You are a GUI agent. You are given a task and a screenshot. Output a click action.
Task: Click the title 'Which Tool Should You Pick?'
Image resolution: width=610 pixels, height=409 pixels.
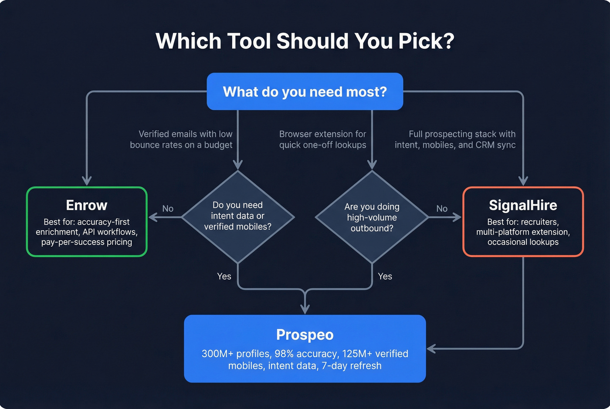click(x=305, y=41)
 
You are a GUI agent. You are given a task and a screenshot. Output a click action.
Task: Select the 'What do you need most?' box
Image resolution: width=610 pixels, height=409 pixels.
click(x=305, y=91)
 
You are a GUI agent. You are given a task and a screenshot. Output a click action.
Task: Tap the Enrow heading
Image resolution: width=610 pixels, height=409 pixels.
click(x=87, y=205)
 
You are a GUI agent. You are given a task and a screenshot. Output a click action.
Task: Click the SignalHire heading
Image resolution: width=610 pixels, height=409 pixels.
click(x=523, y=205)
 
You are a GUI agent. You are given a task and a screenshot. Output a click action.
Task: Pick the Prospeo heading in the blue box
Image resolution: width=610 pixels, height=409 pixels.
click(x=305, y=335)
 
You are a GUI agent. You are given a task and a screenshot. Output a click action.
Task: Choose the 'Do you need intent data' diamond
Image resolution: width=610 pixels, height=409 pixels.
click(x=238, y=216)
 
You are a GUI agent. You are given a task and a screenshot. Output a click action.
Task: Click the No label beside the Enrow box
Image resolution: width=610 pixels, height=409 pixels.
click(x=168, y=209)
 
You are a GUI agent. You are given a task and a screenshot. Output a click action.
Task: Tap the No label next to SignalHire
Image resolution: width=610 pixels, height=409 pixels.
click(x=442, y=209)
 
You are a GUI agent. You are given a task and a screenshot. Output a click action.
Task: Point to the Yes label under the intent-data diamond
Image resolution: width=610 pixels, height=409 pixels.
click(x=224, y=276)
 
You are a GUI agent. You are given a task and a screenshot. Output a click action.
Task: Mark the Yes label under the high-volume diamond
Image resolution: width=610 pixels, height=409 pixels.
click(x=385, y=276)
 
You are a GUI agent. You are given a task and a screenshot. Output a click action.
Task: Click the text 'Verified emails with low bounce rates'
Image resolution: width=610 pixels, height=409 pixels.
click(x=181, y=139)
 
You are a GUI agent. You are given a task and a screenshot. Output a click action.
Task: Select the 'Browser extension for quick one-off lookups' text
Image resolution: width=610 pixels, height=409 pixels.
click(x=322, y=139)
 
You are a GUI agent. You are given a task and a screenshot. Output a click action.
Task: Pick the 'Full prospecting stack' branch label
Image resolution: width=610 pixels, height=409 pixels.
click(x=455, y=139)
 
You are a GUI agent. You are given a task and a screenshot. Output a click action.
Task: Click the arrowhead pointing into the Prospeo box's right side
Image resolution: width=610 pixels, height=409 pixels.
click(x=430, y=348)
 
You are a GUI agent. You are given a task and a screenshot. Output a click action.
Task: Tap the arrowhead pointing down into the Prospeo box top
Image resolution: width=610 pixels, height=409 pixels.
click(x=305, y=310)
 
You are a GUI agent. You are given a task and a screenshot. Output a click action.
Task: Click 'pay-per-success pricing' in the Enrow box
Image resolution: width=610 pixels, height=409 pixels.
click(x=87, y=242)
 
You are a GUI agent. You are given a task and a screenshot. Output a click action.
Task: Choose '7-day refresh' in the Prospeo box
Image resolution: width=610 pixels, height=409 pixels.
click(x=352, y=366)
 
